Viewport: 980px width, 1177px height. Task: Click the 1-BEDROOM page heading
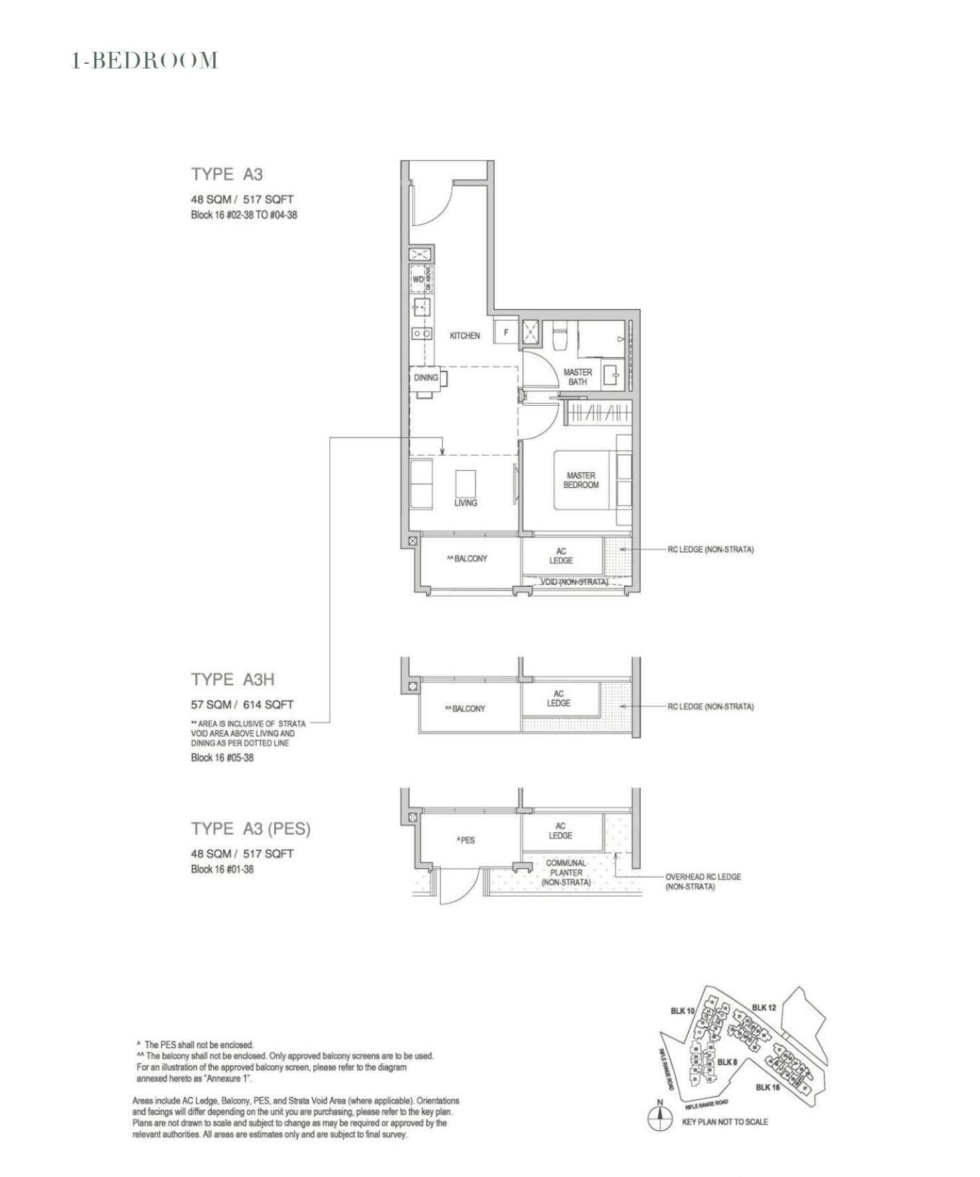pyautogui.click(x=145, y=61)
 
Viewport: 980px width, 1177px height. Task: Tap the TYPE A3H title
pyautogui.click(x=232, y=679)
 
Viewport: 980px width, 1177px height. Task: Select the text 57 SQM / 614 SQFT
pyautogui.click(x=242, y=705)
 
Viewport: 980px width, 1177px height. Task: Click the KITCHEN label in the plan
pyautogui.click(x=465, y=335)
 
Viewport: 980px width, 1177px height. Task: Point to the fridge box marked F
pyautogui.click(x=506, y=332)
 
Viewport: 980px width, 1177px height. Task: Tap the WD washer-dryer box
pyautogui.click(x=418, y=280)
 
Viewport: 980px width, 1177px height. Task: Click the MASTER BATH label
pyautogui.click(x=578, y=377)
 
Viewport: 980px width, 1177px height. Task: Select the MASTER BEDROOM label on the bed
pyautogui.click(x=581, y=480)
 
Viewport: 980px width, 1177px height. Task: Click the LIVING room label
pyautogui.click(x=465, y=503)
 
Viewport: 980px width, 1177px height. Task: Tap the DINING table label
pyautogui.click(x=426, y=377)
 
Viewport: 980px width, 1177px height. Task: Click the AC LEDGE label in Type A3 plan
pyautogui.click(x=561, y=555)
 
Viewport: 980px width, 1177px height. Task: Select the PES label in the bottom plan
pyautogui.click(x=466, y=840)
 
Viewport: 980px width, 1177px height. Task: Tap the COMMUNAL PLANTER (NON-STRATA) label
pyautogui.click(x=566, y=873)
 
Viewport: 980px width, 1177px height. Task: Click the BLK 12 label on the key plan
pyautogui.click(x=764, y=1008)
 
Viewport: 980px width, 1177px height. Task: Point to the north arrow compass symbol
pyautogui.click(x=659, y=1119)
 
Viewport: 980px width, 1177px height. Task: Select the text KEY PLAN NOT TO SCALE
pyautogui.click(x=724, y=1122)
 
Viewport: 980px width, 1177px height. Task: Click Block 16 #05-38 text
pyautogui.click(x=222, y=758)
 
